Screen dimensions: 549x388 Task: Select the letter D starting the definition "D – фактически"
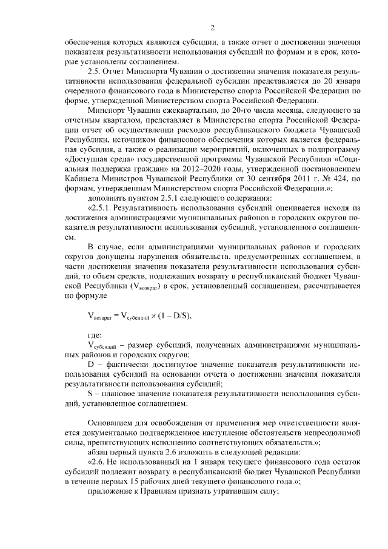pyautogui.click(x=91, y=366)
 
